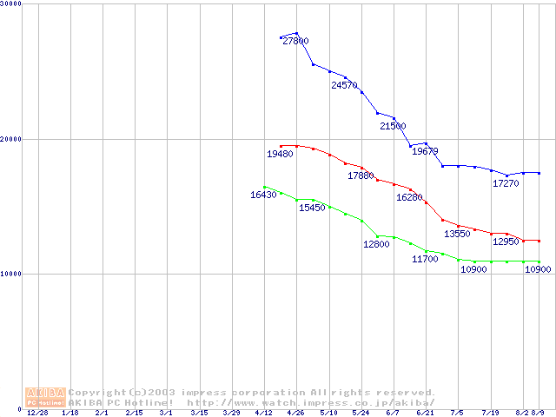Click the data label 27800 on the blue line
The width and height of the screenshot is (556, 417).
(x=295, y=41)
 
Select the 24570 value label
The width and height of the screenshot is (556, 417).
(x=344, y=85)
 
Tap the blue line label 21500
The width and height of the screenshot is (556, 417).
(x=393, y=126)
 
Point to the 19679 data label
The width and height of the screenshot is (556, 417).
(x=425, y=151)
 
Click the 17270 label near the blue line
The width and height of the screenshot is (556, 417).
(x=506, y=183)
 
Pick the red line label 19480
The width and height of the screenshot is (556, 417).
(x=279, y=153)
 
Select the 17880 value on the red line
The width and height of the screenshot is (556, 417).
(x=361, y=175)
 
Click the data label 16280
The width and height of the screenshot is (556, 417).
(x=409, y=197)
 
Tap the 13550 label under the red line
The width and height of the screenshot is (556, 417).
(x=457, y=234)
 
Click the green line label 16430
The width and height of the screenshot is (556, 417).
(x=263, y=195)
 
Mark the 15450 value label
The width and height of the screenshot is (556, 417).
(x=312, y=208)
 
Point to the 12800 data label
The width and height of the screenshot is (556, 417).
(x=376, y=244)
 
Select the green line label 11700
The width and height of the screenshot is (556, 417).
(x=425, y=259)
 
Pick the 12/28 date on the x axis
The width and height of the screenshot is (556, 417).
(x=37, y=414)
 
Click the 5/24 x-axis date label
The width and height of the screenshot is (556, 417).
(x=361, y=414)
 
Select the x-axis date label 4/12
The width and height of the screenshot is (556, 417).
(x=264, y=414)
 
